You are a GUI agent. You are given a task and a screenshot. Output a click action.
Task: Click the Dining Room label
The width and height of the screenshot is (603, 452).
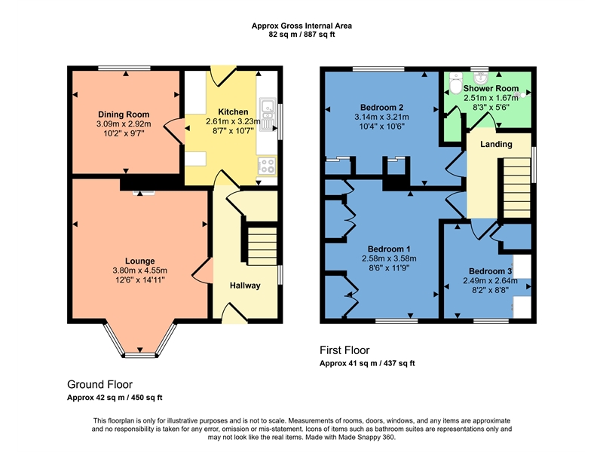124,115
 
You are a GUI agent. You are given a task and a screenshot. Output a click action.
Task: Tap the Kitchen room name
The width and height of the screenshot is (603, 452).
233,111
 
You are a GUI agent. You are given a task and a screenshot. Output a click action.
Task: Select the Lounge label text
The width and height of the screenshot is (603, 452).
139,261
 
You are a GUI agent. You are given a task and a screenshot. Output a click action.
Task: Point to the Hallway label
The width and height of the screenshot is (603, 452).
245,286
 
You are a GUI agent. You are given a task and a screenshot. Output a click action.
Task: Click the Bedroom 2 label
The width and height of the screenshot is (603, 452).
381,107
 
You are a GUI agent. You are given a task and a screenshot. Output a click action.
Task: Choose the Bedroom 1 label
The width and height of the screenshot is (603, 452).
389,249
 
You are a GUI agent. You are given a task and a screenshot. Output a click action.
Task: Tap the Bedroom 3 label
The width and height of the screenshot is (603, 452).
490,271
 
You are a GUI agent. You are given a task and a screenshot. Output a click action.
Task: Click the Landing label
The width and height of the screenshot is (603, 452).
496,144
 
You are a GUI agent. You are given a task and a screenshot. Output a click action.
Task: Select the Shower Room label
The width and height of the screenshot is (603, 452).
491,88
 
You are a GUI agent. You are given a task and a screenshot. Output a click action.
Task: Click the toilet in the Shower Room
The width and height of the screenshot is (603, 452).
456,84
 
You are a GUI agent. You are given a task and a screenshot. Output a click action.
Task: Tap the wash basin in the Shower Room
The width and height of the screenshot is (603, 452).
479,78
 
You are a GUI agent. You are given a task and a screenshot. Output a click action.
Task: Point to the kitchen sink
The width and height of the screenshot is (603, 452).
268,111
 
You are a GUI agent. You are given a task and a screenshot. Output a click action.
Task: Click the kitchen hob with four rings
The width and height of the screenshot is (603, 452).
267,166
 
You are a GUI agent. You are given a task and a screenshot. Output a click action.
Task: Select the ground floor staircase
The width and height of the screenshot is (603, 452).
262,246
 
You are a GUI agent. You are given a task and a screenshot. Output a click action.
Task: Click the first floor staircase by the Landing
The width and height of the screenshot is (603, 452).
517,188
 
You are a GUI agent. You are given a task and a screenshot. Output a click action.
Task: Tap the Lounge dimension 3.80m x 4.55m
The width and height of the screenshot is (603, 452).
139,270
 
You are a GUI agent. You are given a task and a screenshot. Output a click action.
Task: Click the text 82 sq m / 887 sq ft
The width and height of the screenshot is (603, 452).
301,34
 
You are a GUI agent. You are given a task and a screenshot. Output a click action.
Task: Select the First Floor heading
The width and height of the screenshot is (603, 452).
344,350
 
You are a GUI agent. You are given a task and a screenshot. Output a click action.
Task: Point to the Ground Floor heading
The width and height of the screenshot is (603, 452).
99,384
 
